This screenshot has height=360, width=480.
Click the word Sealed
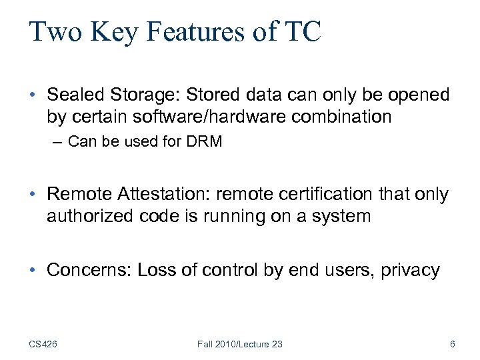[x=73, y=95]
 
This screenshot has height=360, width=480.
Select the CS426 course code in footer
[x=44, y=344]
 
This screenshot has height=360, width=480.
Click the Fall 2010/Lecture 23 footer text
[x=240, y=344]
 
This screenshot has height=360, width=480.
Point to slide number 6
[x=453, y=344]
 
